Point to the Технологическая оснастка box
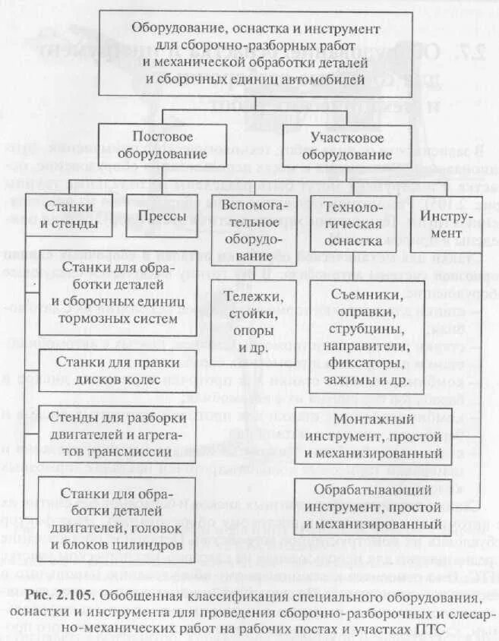(x=352, y=215)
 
